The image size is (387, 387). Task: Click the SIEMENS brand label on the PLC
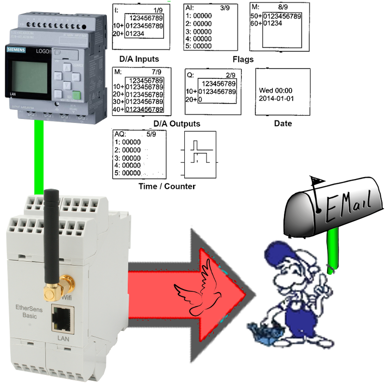15,49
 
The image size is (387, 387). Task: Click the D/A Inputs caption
139,59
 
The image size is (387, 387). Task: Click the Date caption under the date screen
283,123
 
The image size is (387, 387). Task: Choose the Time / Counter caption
167,186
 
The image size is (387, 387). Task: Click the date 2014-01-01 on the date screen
277,99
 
